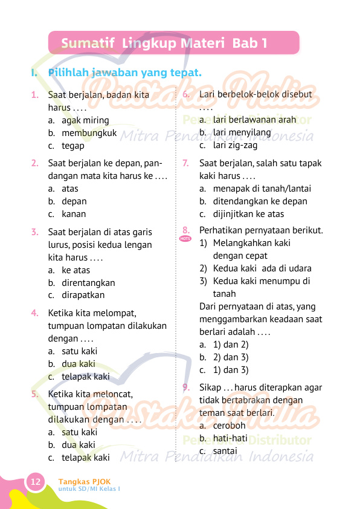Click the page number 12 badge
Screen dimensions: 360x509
point(35,482)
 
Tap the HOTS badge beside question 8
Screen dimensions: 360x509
point(185,239)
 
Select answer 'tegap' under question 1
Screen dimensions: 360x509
point(72,146)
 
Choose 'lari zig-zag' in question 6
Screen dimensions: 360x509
point(235,146)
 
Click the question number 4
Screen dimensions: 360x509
point(35,313)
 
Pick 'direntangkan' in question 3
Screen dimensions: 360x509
point(88,283)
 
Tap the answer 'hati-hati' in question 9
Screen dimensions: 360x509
point(230,438)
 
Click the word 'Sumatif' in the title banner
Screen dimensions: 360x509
point(88,44)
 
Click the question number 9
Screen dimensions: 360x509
point(186,387)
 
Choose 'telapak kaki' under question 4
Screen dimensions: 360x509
point(85,377)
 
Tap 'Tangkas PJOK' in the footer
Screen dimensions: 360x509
point(85,481)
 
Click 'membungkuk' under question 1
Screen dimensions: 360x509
point(89,133)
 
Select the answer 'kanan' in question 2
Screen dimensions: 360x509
point(74,214)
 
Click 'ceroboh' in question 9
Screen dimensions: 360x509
point(229,426)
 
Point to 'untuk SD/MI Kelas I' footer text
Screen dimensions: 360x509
point(89,488)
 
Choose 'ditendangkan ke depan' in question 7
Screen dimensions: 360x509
point(251,201)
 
